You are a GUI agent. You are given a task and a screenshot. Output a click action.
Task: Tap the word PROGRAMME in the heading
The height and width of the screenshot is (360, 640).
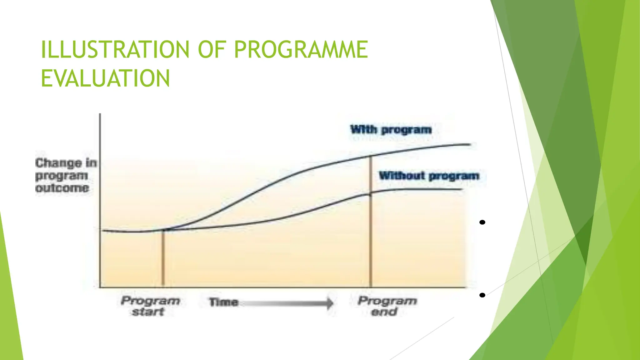[301, 49]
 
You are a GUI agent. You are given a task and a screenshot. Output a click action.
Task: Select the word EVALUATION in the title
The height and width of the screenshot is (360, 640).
[106, 78]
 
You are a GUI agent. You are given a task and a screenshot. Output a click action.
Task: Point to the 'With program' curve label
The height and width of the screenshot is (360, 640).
[391, 129]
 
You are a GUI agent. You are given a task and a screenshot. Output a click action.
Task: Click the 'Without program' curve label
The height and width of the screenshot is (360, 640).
[429, 176]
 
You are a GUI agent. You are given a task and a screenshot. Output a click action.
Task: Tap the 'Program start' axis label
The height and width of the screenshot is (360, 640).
[150, 306]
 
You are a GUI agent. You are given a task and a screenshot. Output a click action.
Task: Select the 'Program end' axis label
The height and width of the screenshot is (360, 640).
[387, 306]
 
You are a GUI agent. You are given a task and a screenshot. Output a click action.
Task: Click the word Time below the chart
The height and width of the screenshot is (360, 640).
[223, 302]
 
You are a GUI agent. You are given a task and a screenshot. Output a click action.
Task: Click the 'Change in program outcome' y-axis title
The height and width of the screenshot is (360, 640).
[66, 176]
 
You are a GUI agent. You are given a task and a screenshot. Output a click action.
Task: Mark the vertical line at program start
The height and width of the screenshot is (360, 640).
[163, 259]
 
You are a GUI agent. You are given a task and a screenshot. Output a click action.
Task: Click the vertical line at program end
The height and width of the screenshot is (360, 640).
[371, 244]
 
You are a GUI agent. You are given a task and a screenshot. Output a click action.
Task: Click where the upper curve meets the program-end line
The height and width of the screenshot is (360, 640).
[371, 156]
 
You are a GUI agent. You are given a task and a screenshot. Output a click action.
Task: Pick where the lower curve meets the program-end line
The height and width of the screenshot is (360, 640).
[371, 194]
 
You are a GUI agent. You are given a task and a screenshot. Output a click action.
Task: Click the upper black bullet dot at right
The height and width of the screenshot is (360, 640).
[482, 222]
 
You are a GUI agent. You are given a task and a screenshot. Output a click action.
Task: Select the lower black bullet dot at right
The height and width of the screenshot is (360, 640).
[482, 295]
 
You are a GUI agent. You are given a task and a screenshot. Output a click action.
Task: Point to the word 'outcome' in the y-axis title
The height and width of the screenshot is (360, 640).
[62, 188]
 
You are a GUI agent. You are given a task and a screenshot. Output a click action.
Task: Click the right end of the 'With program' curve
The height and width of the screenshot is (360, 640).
[469, 144]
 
